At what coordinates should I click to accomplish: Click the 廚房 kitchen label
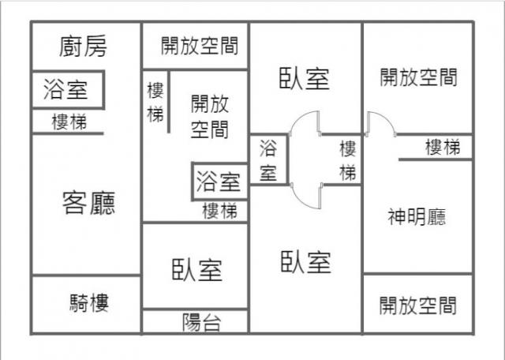click(83, 47)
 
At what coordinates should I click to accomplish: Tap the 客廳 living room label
click(88, 203)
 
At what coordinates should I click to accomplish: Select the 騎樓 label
click(89, 303)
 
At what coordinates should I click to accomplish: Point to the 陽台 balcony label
click(202, 322)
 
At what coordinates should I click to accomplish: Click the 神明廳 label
click(417, 217)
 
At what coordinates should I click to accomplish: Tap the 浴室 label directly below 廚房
click(65, 89)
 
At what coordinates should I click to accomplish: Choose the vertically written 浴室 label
click(268, 160)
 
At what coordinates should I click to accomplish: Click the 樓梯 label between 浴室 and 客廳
click(69, 122)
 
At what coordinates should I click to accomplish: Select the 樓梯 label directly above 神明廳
click(443, 147)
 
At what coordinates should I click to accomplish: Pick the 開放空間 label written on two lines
click(210, 116)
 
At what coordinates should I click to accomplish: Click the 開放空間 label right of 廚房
click(200, 46)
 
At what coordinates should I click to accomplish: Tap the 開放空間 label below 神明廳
click(417, 306)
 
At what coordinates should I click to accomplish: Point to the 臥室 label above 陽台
click(197, 270)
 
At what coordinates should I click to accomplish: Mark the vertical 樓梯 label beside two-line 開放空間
click(155, 103)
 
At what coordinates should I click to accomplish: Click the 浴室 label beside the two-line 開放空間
click(219, 182)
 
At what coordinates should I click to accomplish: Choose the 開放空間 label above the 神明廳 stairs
click(418, 77)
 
